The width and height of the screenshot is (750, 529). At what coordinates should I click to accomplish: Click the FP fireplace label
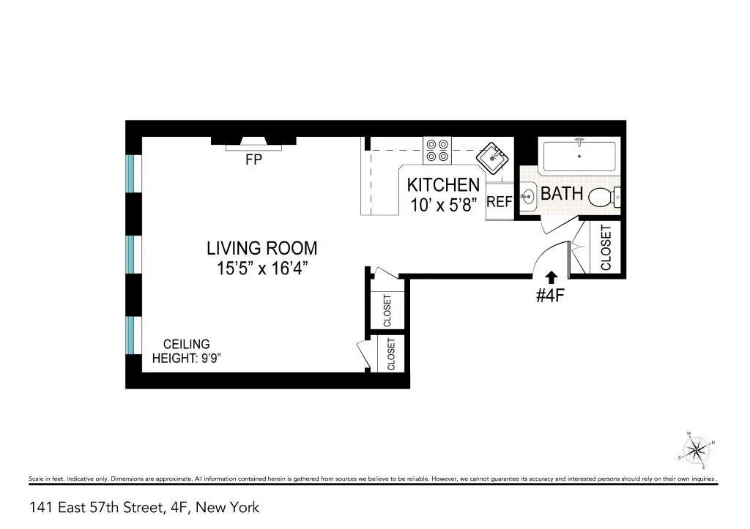click(x=253, y=159)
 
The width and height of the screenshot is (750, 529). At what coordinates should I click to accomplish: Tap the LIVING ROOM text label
click(x=261, y=248)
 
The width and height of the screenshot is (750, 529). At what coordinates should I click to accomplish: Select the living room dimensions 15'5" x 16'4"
click(x=261, y=269)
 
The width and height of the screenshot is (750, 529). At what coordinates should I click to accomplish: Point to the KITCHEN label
click(x=443, y=184)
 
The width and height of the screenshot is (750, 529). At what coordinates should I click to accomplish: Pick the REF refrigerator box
click(x=499, y=201)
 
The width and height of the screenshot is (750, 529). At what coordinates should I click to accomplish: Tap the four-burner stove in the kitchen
click(x=437, y=151)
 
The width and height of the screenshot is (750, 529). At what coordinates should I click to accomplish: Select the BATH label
click(x=562, y=194)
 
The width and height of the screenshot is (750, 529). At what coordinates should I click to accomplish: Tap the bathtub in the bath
click(x=579, y=155)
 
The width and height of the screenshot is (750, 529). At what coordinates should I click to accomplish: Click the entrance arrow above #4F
click(x=551, y=276)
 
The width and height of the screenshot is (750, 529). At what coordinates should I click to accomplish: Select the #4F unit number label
click(x=551, y=296)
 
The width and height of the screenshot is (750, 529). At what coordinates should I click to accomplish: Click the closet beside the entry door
click(x=605, y=247)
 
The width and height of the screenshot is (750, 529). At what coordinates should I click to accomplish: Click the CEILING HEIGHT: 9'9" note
click(x=181, y=351)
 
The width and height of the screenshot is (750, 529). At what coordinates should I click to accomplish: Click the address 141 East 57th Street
click(x=144, y=507)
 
